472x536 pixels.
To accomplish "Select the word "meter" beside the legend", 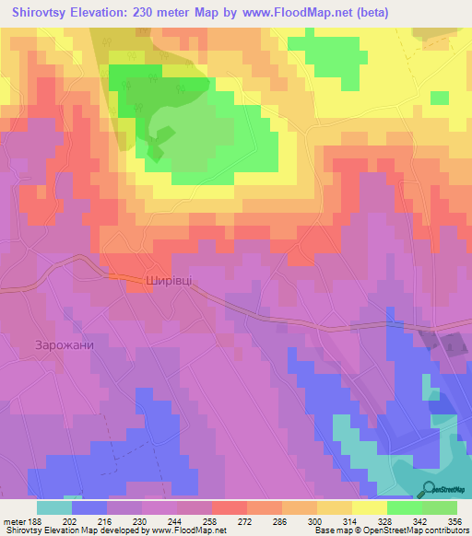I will pyautogui.click(x=12, y=520).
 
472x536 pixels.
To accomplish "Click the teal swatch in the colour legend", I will pyautogui.click(x=54, y=507).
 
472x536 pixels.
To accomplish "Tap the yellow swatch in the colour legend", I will pyautogui.click(x=370, y=507).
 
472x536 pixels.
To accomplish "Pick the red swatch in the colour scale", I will pyautogui.click(x=230, y=507).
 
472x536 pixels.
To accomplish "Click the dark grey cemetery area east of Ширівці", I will pyautogui.click(x=451, y=344).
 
